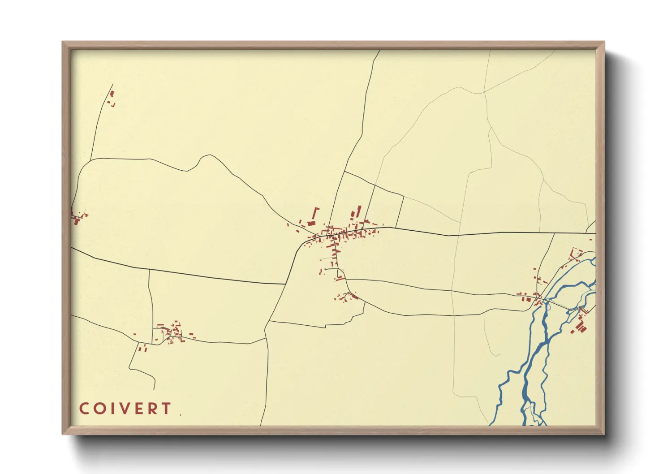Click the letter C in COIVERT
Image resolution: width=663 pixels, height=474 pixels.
tap(84, 409)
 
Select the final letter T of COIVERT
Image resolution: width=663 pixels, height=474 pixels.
tap(166, 409)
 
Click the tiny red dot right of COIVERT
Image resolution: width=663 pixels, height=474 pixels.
tap(181, 415)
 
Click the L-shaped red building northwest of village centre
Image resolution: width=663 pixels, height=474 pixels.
tap(316, 213)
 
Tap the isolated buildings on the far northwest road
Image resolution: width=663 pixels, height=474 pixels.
tap(112, 98)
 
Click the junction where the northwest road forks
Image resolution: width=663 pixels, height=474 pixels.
tap(91, 159)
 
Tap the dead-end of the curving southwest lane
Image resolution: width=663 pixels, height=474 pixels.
tap(155, 389)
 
